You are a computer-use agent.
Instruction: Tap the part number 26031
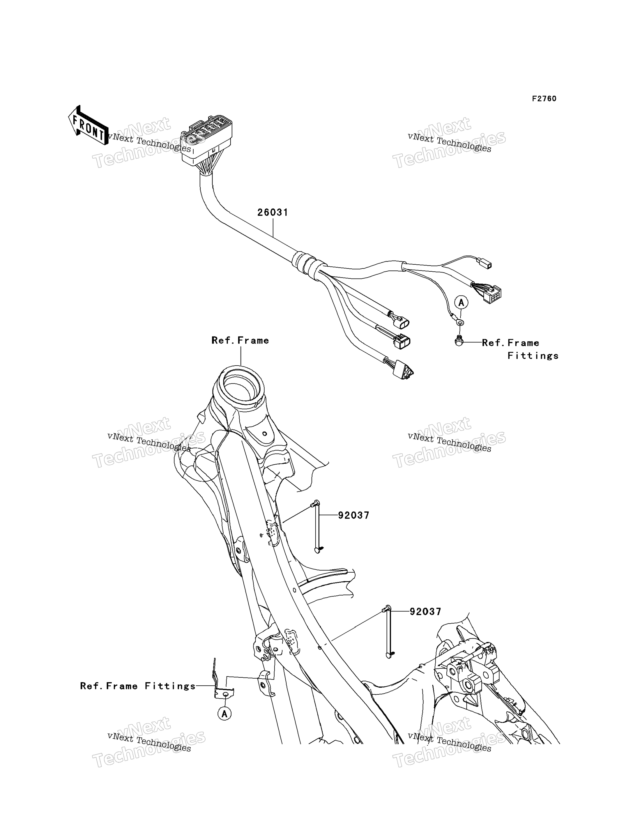[273, 213]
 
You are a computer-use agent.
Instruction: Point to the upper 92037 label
[353, 515]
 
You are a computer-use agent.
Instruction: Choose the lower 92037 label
[425, 612]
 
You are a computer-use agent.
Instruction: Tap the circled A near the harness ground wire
[461, 303]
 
